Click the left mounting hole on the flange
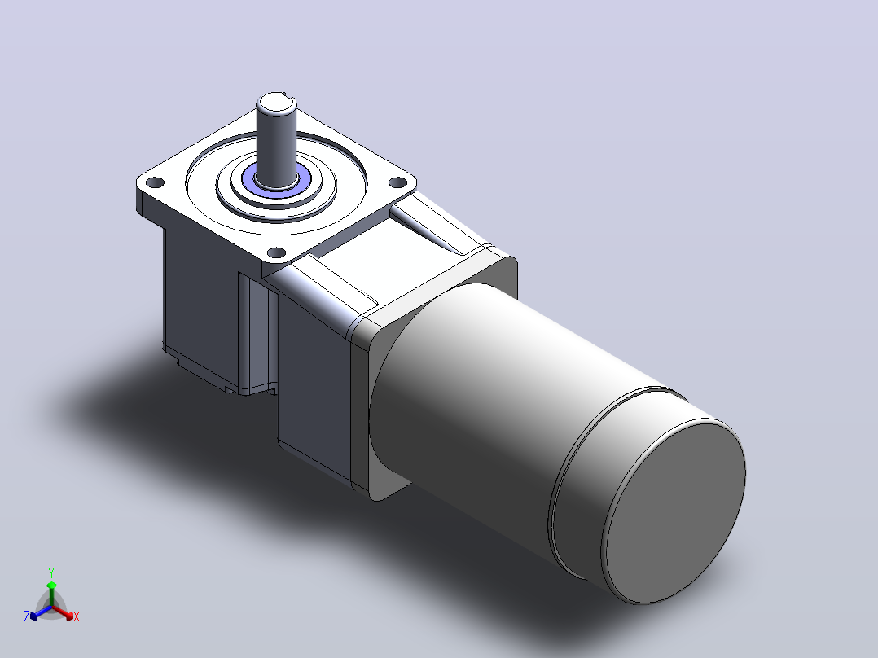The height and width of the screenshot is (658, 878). [155, 182]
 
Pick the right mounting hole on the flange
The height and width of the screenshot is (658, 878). [397, 182]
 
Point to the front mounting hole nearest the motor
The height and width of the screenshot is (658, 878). [277, 252]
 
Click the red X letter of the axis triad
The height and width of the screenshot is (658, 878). [77, 616]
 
